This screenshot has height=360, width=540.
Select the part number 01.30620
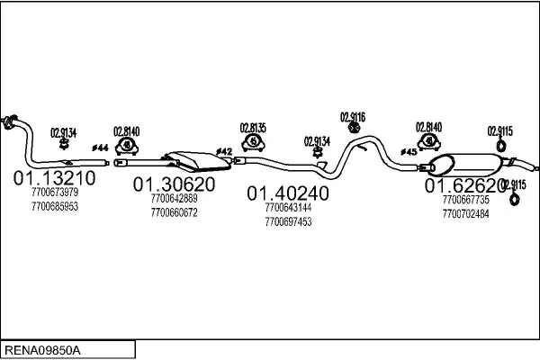pyautogui.click(x=175, y=184)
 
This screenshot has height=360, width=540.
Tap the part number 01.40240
pyautogui.click(x=288, y=193)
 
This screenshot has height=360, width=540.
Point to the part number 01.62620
pyautogui.click(x=466, y=185)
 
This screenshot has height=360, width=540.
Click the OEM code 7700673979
pyautogui.click(x=54, y=192)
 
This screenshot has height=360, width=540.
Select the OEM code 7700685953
pyautogui.click(x=54, y=206)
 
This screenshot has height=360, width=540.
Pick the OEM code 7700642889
pyautogui.click(x=175, y=199)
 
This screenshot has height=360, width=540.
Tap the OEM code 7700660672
pyautogui.click(x=175, y=213)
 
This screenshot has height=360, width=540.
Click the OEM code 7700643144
pyautogui.click(x=288, y=207)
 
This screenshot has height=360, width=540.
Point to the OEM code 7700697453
pyautogui.click(x=288, y=221)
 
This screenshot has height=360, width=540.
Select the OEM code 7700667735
pyautogui.click(x=466, y=200)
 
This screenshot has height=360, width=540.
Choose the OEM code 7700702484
pyautogui.click(x=466, y=214)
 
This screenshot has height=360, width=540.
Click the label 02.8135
pyautogui.click(x=253, y=127)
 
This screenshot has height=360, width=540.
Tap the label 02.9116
pyautogui.click(x=352, y=116)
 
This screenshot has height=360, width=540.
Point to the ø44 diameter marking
pyautogui.click(x=100, y=148)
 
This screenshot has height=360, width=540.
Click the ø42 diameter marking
pyautogui.click(x=224, y=151)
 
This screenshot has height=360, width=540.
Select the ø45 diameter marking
pyautogui.click(x=408, y=151)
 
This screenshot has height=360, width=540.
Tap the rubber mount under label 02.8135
pyautogui.click(x=254, y=142)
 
